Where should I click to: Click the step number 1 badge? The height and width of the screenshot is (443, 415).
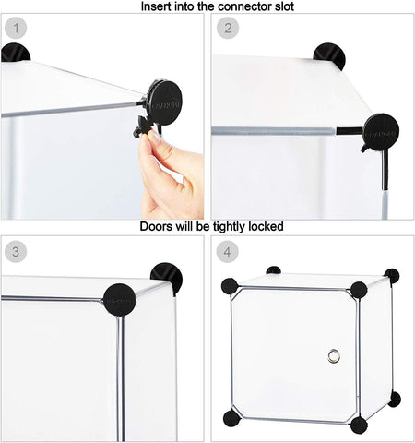click(x=14, y=28)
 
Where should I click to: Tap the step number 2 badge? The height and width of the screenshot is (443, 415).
click(x=226, y=28)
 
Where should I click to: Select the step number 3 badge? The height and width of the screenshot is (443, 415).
click(x=14, y=250)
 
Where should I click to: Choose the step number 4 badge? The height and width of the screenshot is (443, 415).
click(x=226, y=250)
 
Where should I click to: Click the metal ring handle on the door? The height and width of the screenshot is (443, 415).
click(x=335, y=356)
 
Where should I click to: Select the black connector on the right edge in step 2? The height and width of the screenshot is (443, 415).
click(x=380, y=132)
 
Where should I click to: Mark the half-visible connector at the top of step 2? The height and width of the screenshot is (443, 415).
click(x=329, y=55)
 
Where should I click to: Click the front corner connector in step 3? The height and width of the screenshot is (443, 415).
click(x=120, y=299)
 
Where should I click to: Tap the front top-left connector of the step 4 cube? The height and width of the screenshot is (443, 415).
click(x=230, y=286)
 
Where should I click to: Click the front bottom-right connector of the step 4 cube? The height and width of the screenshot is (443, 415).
click(x=359, y=425)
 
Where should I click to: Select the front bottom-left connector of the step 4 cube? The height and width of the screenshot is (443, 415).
click(x=231, y=419)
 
